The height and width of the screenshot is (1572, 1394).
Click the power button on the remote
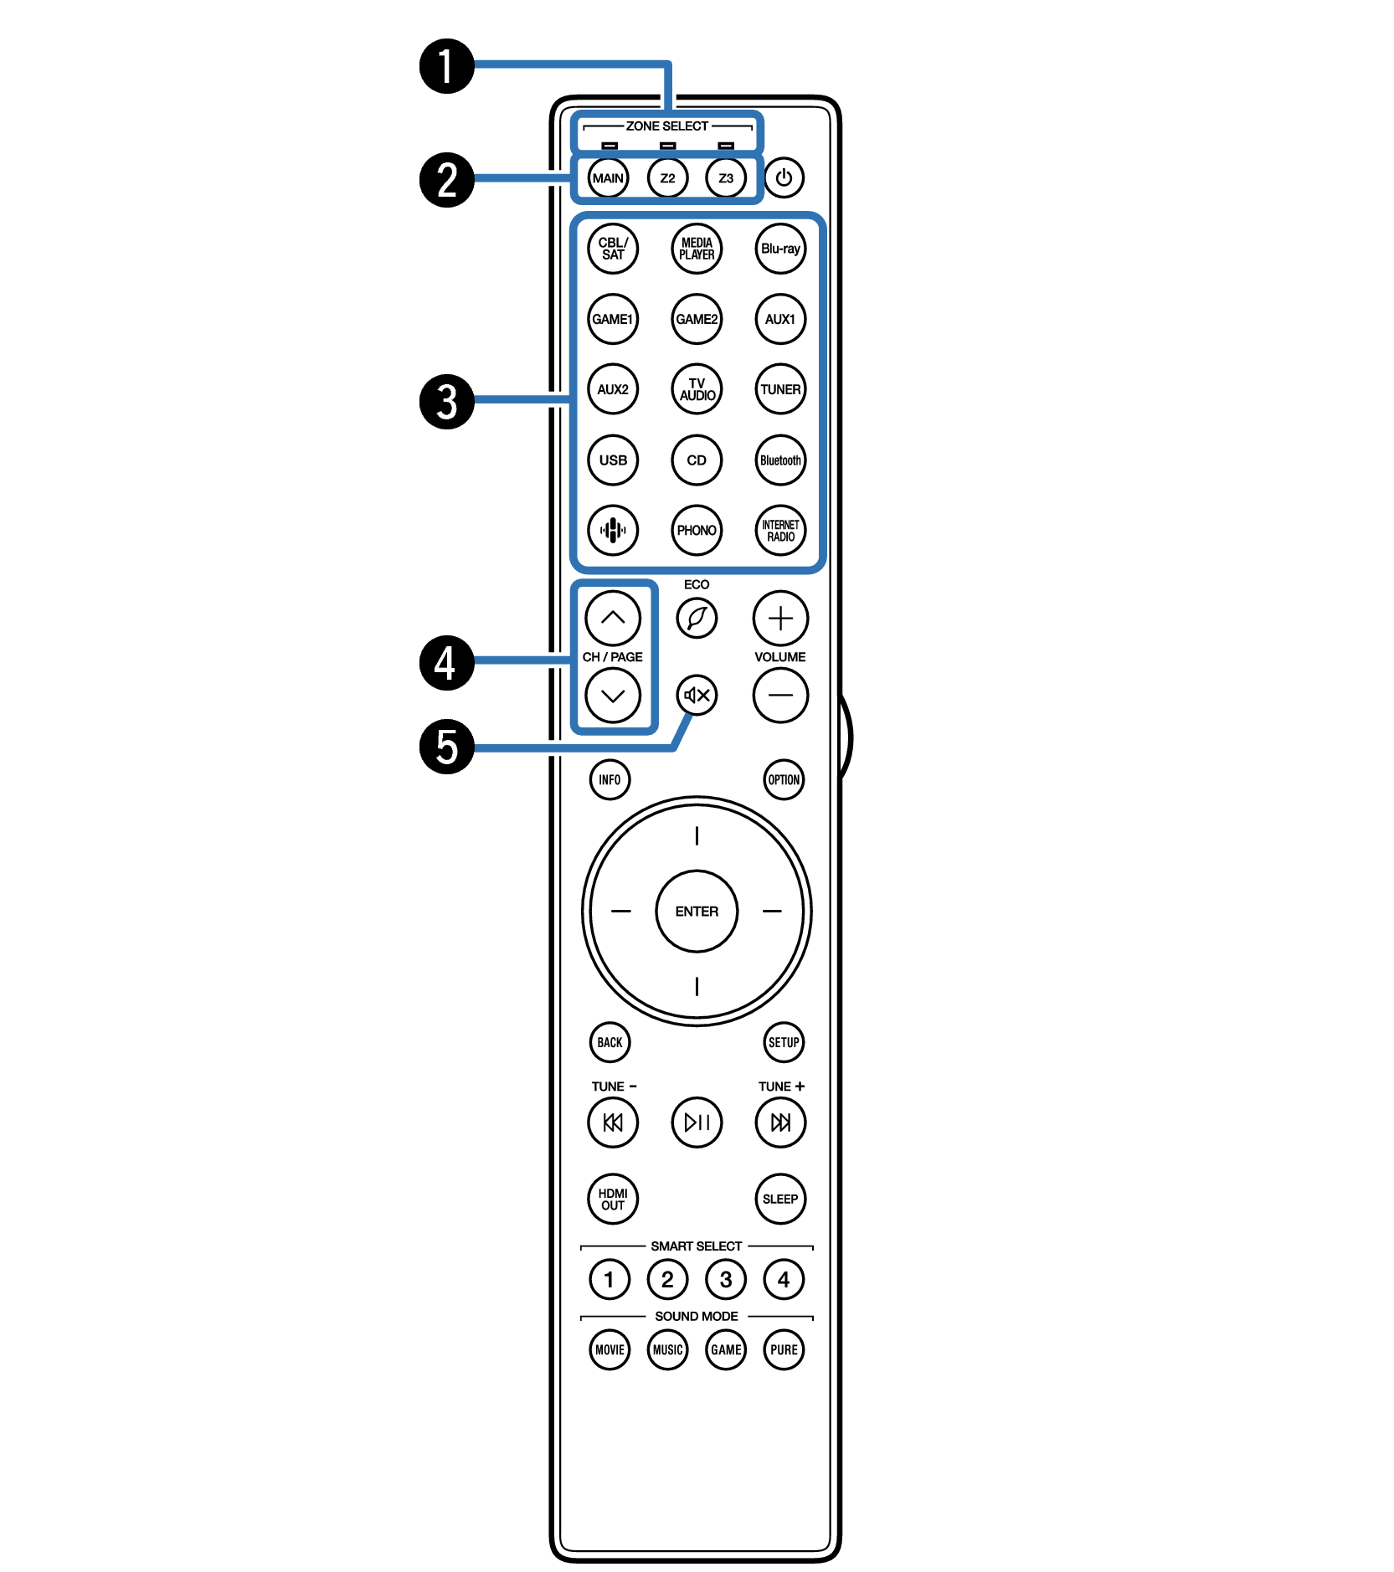(x=784, y=177)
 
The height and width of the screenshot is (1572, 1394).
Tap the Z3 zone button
(x=725, y=178)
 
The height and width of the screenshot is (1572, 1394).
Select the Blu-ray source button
(x=780, y=249)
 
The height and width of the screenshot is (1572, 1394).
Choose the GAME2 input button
(x=697, y=319)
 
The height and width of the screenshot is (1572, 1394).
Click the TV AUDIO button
(x=697, y=389)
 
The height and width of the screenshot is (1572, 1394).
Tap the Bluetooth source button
(x=780, y=460)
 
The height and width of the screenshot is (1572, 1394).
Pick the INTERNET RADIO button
(x=780, y=530)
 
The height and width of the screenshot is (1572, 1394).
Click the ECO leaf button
(x=697, y=619)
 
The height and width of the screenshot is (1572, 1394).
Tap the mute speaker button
(x=697, y=695)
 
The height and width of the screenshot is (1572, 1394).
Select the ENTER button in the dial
(x=697, y=911)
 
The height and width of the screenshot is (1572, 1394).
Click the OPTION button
(x=784, y=779)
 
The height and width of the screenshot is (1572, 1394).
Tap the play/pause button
(x=697, y=1122)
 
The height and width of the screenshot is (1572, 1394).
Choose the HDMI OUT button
(x=613, y=1199)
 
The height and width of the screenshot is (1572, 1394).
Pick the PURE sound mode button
(x=784, y=1349)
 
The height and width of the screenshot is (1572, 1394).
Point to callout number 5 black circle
(x=447, y=746)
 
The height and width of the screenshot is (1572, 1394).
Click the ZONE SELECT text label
(x=667, y=126)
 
